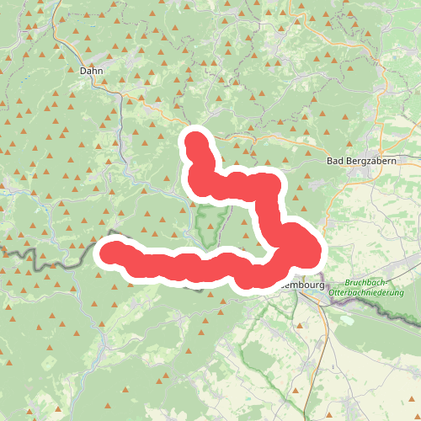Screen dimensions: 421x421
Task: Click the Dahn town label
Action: pyautogui.click(x=91, y=72)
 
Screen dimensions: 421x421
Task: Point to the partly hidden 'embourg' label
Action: pyautogui.click(x=301, y=285)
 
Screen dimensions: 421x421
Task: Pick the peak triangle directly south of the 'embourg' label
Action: pyautogui.click(x=299, y=324)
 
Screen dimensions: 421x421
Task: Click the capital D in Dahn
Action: pyautogui.click(x=83, y=72)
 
